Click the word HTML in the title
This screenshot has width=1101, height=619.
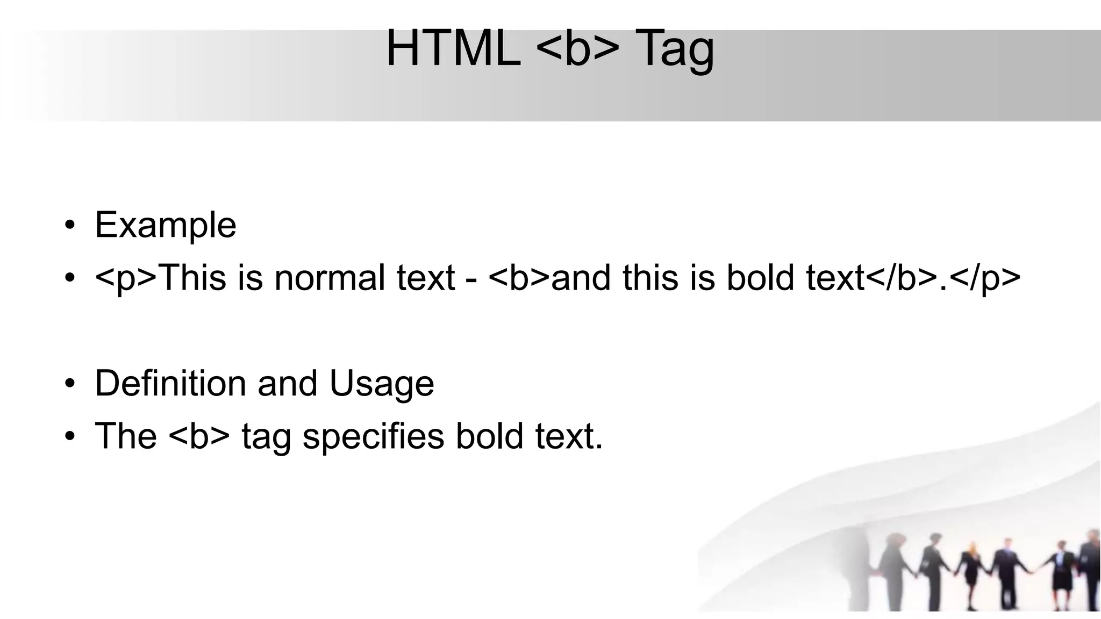(x=453, y=48)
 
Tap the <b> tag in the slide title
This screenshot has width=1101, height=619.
(x=578, y=48)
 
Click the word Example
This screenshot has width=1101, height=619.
(x=166, y=225)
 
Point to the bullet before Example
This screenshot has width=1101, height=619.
(x=69, y=225)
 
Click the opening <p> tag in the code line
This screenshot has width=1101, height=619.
(x=126, y=278)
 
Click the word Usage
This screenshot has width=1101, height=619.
(x=382, y=384)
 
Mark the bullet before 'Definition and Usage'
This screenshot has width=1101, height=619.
(x=69, y=384)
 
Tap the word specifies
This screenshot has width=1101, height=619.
(x=373, y=436)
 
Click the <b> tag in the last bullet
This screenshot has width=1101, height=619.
(x=199, y=436)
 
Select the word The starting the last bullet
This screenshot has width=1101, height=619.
(x=126, y=436)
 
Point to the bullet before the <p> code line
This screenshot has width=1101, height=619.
(x=69, y=278)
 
